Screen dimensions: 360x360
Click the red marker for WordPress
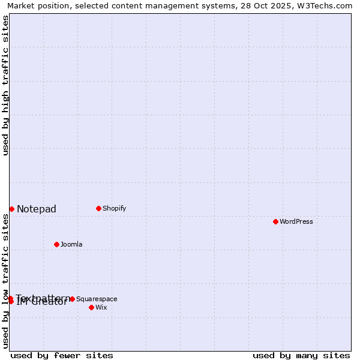[275, 221]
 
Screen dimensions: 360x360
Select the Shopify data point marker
[98, 208]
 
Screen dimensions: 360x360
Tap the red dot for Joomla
[56, 244]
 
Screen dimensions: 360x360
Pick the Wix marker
[91, 307]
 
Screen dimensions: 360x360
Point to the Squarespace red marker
[72, 299]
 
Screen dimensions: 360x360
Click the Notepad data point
[11, 209]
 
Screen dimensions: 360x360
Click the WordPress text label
[296, 221]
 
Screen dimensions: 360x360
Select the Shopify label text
[114, 208]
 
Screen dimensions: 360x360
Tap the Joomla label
[71, 244]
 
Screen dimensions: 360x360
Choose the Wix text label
[101, 307]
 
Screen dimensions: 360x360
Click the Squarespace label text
[97, 299]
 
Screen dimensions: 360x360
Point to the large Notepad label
[37, 209]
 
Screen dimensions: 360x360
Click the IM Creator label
[42, 302]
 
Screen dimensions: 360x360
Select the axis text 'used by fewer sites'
[62, 355]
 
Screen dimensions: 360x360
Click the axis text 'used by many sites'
[301, 355]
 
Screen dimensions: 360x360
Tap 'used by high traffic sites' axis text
[5, 85]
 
